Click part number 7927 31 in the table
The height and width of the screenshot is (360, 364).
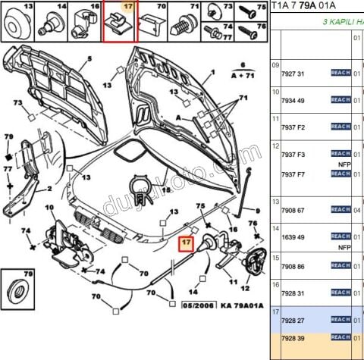coord(291,73)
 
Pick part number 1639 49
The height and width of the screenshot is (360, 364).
coord(291,236)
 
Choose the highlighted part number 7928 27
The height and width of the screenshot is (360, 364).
coord(291,320)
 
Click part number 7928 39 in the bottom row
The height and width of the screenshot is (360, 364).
coord(291,337)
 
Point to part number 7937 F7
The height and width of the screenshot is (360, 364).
coord(291,174)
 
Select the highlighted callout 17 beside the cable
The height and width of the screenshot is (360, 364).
coord(185,244)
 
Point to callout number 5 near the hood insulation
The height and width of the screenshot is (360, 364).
coord(89,59)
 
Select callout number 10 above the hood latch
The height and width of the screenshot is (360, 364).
coord(51,208)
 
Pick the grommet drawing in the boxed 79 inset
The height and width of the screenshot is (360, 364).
coord(20,289)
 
